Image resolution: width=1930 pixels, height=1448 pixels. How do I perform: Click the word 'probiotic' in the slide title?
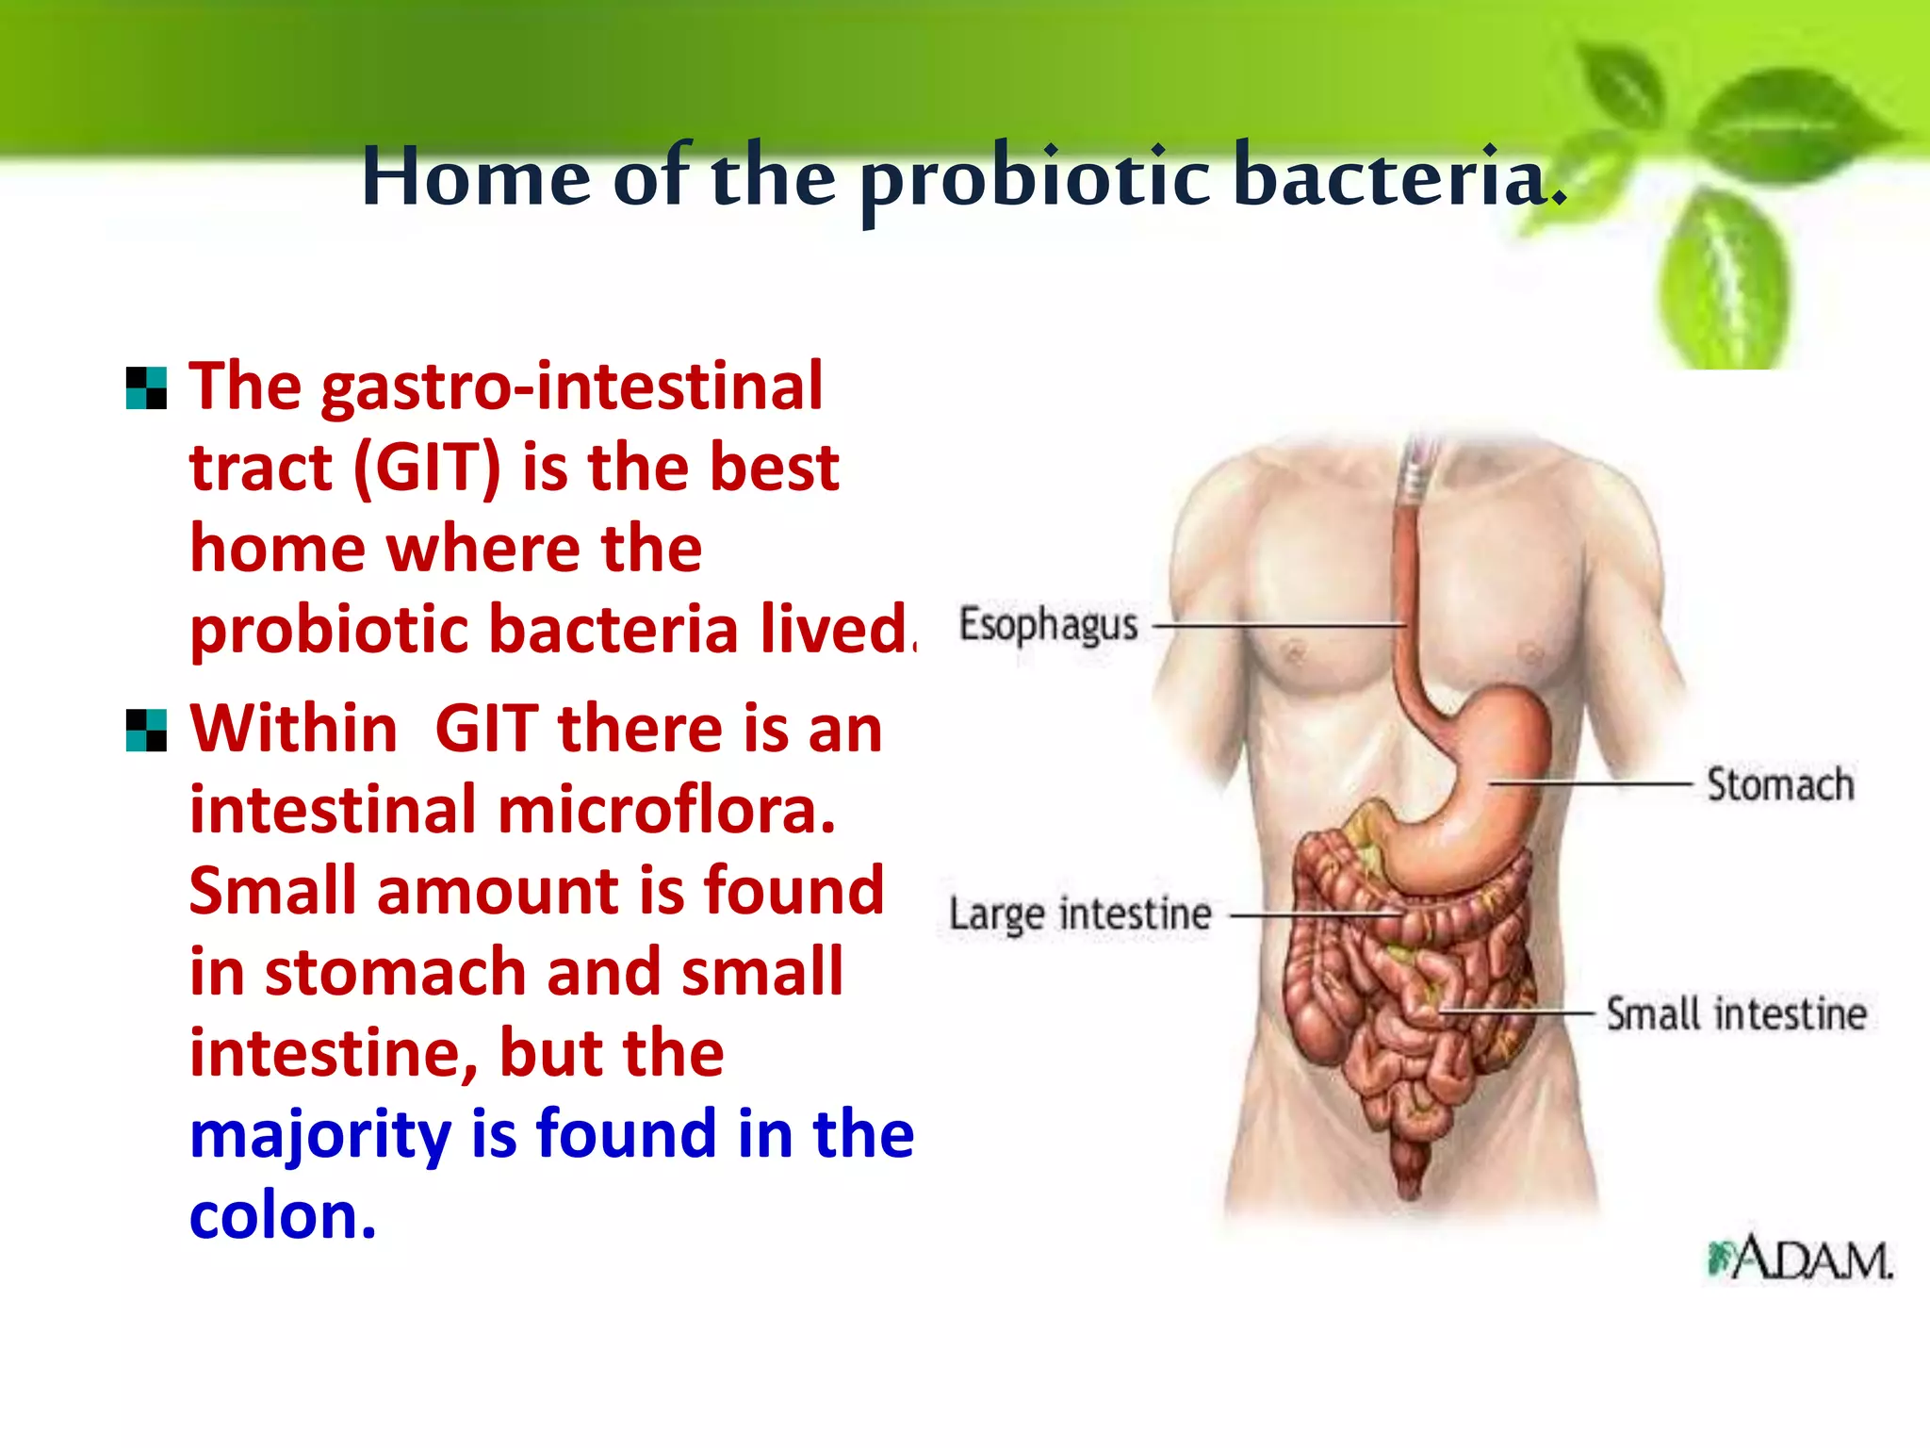pos(1035,179)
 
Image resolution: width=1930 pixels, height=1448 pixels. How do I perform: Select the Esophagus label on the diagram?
pos(1048,625)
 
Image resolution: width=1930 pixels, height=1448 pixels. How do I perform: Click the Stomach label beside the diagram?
pos(1780,784)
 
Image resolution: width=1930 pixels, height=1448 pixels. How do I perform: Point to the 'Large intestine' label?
pos(1080,914)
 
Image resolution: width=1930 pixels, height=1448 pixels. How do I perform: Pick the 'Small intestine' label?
pos(1736,1014)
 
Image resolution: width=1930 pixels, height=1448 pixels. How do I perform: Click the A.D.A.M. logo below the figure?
pos(1800,1259)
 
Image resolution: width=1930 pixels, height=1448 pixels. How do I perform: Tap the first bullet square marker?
pos(146,388)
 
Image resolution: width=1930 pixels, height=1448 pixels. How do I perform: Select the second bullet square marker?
pos(146,731)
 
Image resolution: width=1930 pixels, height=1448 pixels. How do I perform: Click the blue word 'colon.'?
pos(283,1215)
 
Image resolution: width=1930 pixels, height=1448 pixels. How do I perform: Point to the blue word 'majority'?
pos(320,1135)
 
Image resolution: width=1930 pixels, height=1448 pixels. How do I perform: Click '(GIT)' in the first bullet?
pos(427,468)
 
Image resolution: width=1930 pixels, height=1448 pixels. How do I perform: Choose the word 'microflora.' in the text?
pos(666,811)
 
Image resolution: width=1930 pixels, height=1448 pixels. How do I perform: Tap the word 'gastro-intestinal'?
pos(572,387)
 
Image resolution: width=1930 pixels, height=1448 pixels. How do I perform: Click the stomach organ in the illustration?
pos(1470,792)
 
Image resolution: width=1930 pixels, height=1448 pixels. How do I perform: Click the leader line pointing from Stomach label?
pos(1593,783)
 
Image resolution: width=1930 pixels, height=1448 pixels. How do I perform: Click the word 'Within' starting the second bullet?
pos(294,730)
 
